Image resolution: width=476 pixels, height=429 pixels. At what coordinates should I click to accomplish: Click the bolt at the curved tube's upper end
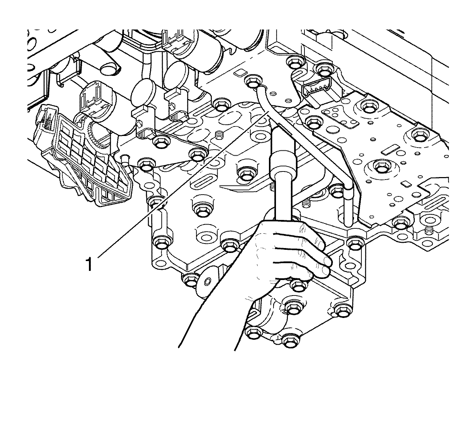252,82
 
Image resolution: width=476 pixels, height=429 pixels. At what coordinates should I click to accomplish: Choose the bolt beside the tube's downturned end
337,190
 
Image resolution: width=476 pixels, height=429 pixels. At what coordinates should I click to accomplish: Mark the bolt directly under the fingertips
298,285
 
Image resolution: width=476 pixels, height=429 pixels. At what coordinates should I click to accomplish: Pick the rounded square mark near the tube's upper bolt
239,73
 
